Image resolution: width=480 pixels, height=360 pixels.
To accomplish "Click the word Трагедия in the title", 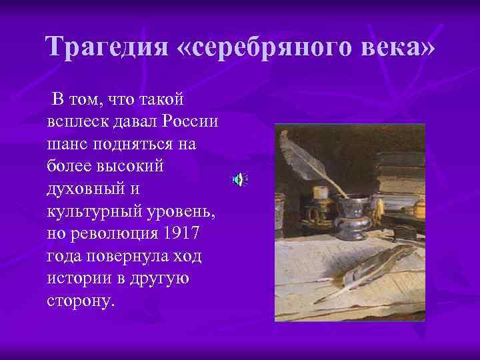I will tap(107, 47).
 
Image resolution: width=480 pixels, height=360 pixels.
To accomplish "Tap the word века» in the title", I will tap(401, 47).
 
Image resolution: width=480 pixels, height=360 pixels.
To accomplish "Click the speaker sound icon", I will tap(240, 179).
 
